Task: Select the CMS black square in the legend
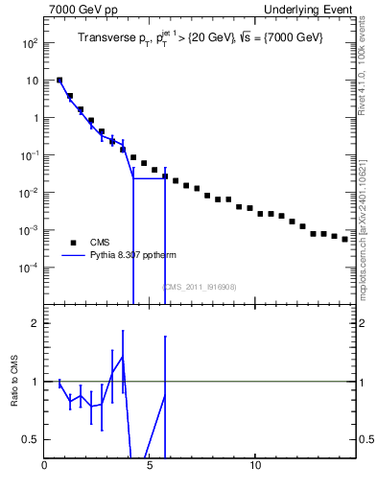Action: [73, 242]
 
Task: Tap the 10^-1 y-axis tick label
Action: [30, 155]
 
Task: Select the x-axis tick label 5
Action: [150, 467]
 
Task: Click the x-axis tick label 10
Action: [255, 467]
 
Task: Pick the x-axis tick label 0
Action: [44, 467]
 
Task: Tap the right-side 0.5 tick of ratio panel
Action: [365, 439]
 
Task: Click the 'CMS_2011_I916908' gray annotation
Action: [199, 287]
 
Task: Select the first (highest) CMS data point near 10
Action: [59, 81]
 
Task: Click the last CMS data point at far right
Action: [345, 239]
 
